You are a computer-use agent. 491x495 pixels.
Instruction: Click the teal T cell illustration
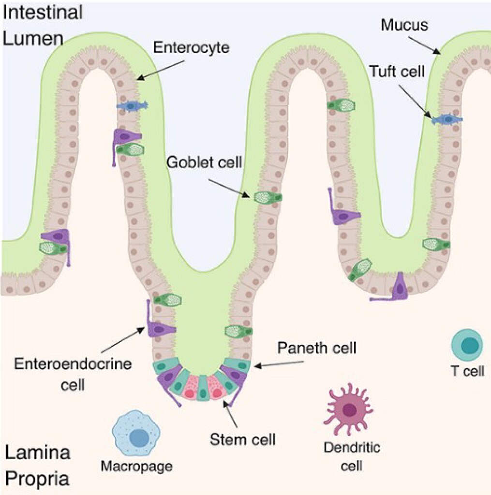[467, 346]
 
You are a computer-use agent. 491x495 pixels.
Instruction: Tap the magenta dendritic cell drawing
[348, 409]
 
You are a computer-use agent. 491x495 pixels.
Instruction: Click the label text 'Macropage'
[136, 466]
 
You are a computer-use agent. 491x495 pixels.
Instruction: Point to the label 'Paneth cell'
[317, 348]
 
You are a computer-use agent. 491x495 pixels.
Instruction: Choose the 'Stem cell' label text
[242, 439]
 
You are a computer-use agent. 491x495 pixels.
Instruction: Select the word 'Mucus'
[404, 25]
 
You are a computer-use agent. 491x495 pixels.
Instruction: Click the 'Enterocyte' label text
[191, 47]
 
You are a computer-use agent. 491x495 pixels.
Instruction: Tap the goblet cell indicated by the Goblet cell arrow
[268, 197]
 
